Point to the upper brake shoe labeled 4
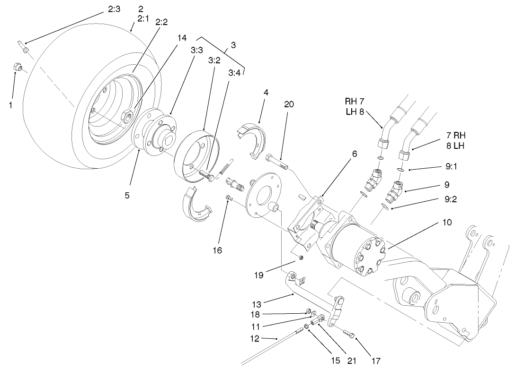point(251,137)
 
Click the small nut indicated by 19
point(301,258)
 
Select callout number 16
point(217,250)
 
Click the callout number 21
point(351,361)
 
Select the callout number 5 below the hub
point(127,195)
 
